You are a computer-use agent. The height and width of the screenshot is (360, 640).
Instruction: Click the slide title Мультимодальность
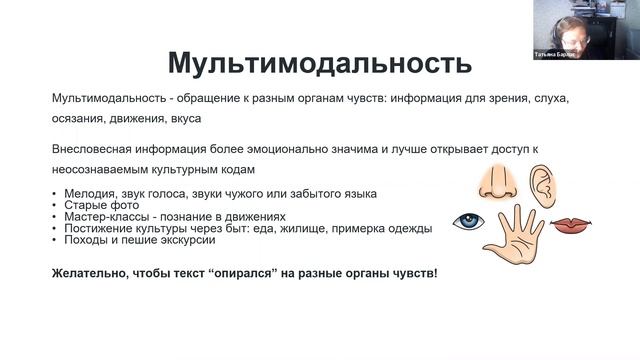[x=320, y=64]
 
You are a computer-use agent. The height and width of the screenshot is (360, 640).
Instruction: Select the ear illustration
[x=540, y=182]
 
